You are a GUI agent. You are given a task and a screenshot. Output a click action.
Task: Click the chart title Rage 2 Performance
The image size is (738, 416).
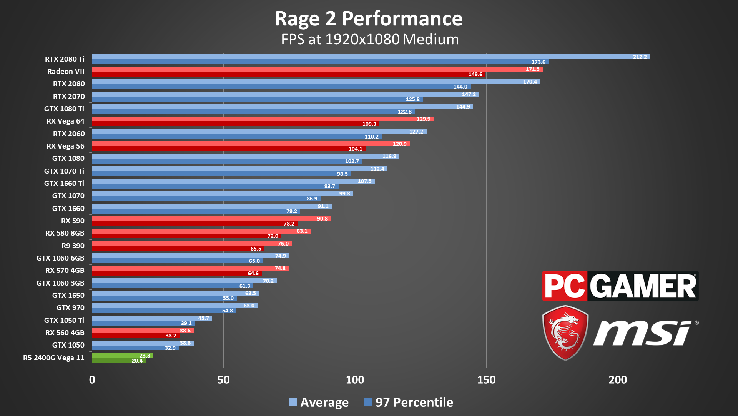click(368, 18)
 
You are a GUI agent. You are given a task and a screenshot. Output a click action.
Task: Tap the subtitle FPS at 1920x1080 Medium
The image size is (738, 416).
click(370, 39)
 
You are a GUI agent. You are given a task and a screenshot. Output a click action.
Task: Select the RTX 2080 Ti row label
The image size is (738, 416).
click(65, 59)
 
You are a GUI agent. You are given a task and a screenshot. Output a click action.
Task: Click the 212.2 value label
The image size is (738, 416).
click(640, 57)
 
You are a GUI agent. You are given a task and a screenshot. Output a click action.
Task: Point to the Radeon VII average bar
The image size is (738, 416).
click(307, 69)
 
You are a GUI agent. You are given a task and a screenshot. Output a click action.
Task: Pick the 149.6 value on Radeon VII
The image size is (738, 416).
click(475, 74)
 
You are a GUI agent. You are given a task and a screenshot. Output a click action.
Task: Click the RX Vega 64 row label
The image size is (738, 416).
click(65, 121)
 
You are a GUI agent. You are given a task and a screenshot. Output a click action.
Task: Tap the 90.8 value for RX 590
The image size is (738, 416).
click(322, 219)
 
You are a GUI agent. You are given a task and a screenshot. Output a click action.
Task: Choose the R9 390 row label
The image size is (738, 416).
click(73, 246)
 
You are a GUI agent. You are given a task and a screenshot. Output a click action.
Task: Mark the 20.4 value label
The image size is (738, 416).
click(137, 361)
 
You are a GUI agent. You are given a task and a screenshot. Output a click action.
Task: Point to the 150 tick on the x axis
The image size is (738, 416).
click(486, 380)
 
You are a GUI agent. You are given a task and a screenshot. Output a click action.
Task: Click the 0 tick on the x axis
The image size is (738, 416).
click(92, 380)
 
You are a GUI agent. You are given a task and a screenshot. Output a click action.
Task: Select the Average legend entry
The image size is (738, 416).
click(319, 402)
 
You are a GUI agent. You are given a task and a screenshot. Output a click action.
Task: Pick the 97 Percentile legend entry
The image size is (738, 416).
click(409, 402)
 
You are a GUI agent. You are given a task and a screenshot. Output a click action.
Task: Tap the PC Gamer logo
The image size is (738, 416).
click(620, 286)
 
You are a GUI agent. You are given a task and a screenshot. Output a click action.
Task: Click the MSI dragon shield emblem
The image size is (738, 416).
click(565, 332)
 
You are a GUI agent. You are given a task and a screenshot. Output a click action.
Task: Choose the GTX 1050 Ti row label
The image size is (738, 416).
click(64, 321)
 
